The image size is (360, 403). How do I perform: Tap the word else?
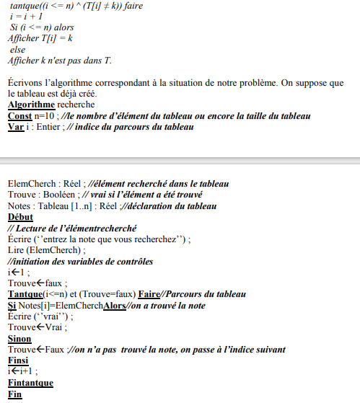[x=17, y=50]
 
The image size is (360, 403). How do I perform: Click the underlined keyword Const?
[x=19, y=116]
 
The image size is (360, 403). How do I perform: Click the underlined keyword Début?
[x=20, y=217]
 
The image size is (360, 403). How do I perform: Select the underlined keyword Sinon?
[x=19, y=338]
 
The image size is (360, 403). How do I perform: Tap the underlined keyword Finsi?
[x=19, y=360]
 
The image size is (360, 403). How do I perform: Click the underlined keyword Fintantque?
[x=30, y=383]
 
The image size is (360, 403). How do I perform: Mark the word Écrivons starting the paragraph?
[x=29, y=83]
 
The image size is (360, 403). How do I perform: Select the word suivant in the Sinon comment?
[x=266, y=350]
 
